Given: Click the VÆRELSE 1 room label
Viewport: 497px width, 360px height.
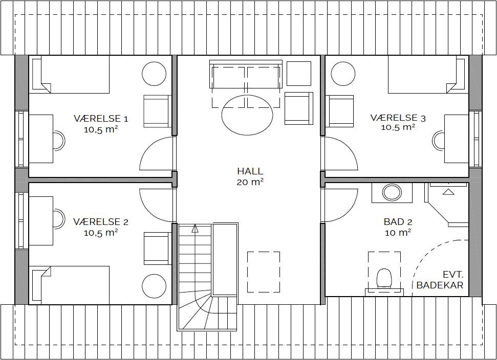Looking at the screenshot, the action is pyautogui.click(x=101, y=119).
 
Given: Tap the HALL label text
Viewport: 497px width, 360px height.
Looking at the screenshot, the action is pyautogui.click(x=250, y=171).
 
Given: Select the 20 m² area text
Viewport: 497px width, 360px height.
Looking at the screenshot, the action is pyautogui.click(x=250, y=183).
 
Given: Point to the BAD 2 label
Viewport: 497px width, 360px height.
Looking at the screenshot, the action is pyautogui.click(x=398, y=221).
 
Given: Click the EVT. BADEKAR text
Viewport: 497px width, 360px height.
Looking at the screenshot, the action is pyautogui.click(x=440, y=280).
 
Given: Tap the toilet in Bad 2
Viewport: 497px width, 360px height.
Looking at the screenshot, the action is pyautogui.click(x=384, y=278).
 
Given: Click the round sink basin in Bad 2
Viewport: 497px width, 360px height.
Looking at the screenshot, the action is pyautogui.click(x=392, y=192).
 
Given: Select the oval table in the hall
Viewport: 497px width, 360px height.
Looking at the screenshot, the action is pyautogui.click(x=247, y=115).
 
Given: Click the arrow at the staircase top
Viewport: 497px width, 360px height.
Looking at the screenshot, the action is pyautogui.click(x=195, y=228).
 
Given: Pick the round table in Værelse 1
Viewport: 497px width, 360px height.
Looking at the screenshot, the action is pyautogui.click(x=154, y=74).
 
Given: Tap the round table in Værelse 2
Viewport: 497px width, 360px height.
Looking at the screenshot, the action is pyautogui.click(x=154, y=286).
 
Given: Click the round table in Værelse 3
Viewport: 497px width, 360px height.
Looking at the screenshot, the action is pyautogui.click(x=343, y=74).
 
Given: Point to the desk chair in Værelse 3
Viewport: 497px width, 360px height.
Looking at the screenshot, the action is pyautogui.click(x=438, y=141).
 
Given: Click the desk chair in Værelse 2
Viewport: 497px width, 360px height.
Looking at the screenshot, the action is pyautogui.click(x=59, y=219).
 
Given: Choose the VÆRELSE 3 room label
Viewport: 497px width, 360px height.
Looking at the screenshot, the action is pyautogui.click(x=398, y=118).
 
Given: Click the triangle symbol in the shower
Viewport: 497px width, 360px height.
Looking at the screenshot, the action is pyautogui.click(x=448, y=192).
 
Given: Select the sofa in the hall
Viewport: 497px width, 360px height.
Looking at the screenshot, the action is pyautogui.click(x=246, y=74).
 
